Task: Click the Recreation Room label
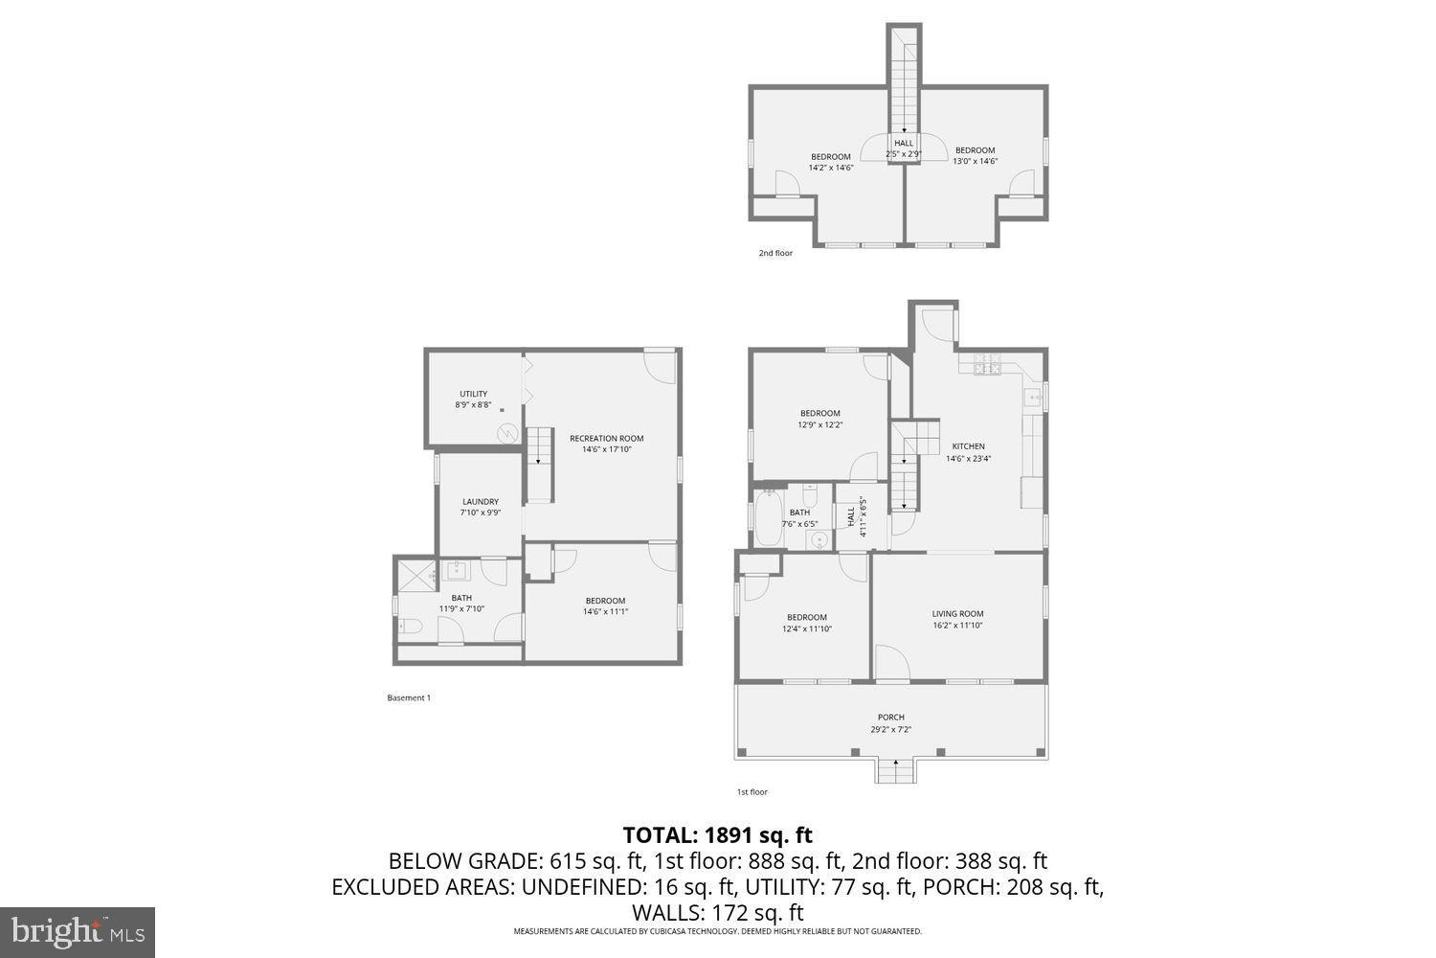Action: click(606, 439)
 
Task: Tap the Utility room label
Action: click(473, 394)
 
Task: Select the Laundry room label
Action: click(480, 502)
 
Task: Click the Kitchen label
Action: click(968, 446)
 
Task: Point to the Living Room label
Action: click(957, 614)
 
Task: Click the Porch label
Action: click(890, 718)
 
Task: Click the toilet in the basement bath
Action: click(411, 627)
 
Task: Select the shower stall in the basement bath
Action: click(416, 575)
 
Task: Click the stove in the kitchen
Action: click(986, 365)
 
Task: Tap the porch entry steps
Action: click(895, 769)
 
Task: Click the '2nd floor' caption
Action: click(775, 254)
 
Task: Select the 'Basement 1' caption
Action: click(409, 698)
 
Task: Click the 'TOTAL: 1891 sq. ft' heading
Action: click(717, 834)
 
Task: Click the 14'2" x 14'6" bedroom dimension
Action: click(830, 168)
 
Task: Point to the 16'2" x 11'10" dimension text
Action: click(957, 626)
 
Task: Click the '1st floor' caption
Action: click(752, 792)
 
